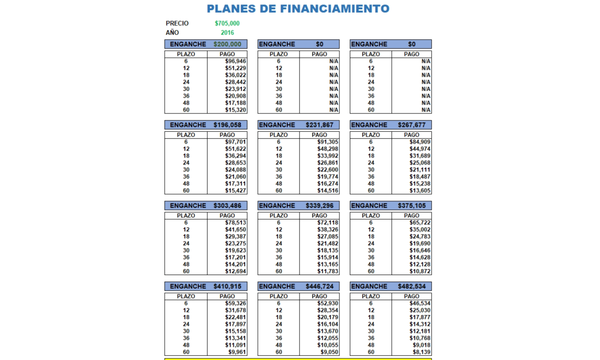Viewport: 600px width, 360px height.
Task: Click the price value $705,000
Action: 227,23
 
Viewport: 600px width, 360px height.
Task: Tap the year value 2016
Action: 227,33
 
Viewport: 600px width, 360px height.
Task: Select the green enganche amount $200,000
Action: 227,44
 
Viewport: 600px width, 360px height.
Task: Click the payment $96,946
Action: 235,61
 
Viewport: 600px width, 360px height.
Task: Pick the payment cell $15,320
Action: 235,110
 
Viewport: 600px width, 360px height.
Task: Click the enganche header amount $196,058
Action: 227,125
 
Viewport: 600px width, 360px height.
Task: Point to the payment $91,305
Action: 328,142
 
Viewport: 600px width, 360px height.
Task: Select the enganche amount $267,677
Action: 412,125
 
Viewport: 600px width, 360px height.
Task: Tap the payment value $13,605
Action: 420,191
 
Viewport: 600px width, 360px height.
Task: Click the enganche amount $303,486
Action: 227,206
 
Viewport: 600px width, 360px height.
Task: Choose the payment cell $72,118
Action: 328,223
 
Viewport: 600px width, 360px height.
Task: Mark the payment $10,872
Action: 420,271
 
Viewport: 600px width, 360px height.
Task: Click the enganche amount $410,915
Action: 227,286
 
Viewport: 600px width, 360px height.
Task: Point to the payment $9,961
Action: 237,352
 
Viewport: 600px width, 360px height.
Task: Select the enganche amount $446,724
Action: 320,286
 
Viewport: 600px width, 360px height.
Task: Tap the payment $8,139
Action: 422,352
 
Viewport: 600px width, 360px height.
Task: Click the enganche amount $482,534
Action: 412,286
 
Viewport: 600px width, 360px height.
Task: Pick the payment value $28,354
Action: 328,310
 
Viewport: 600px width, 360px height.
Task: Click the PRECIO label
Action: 177,23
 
